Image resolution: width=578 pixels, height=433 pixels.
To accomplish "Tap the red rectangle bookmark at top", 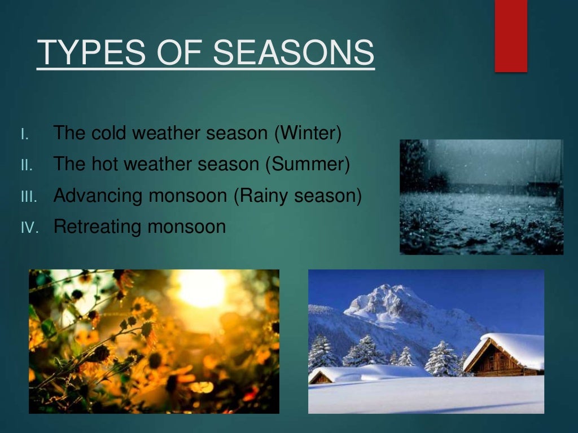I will click(x=510, y=35).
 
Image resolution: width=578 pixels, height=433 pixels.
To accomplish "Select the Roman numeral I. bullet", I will click(x=24, y=135).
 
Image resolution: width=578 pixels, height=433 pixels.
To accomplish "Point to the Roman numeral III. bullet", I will click(x=28, y=196).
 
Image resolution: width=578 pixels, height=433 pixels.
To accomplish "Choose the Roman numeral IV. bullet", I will click(x=29, y=227).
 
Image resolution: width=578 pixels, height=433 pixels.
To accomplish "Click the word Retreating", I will click(x=97, y=227).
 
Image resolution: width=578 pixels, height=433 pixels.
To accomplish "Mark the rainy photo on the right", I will click(x=481, y=197).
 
